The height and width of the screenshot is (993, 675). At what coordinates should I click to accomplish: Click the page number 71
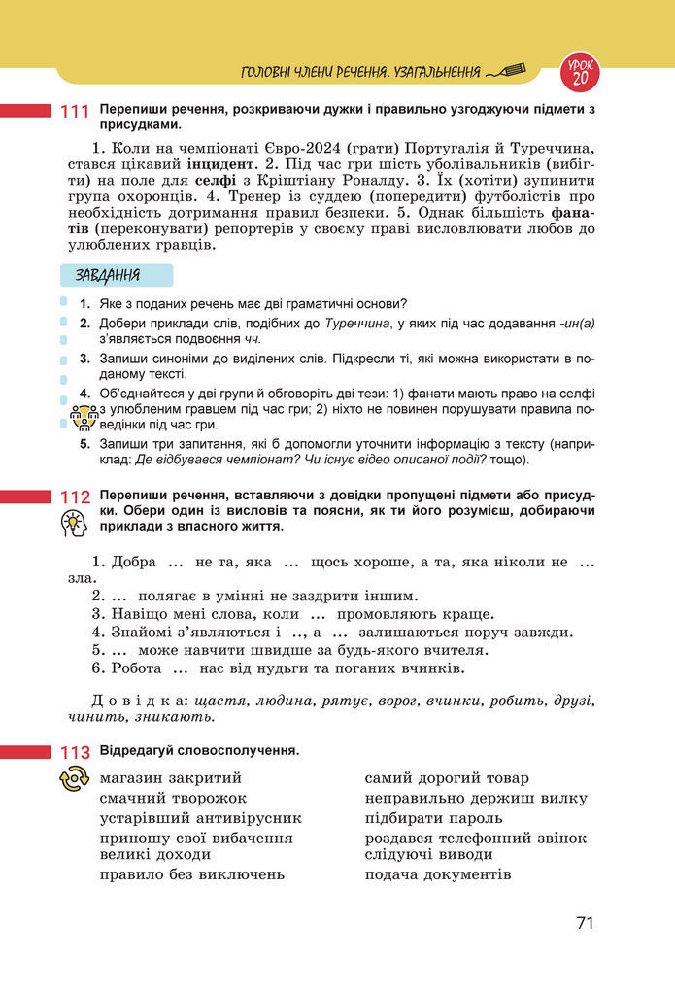(584, 923)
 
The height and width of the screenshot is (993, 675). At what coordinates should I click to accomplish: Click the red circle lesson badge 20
(581, 70)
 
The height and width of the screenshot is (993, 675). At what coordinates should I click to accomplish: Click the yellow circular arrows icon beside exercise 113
(75, 779)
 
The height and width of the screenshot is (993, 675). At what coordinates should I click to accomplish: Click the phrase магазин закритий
(171, 778)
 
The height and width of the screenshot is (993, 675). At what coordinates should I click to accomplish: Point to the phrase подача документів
(437, 873)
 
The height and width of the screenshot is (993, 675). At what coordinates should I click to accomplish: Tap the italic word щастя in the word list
(219, 700)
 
